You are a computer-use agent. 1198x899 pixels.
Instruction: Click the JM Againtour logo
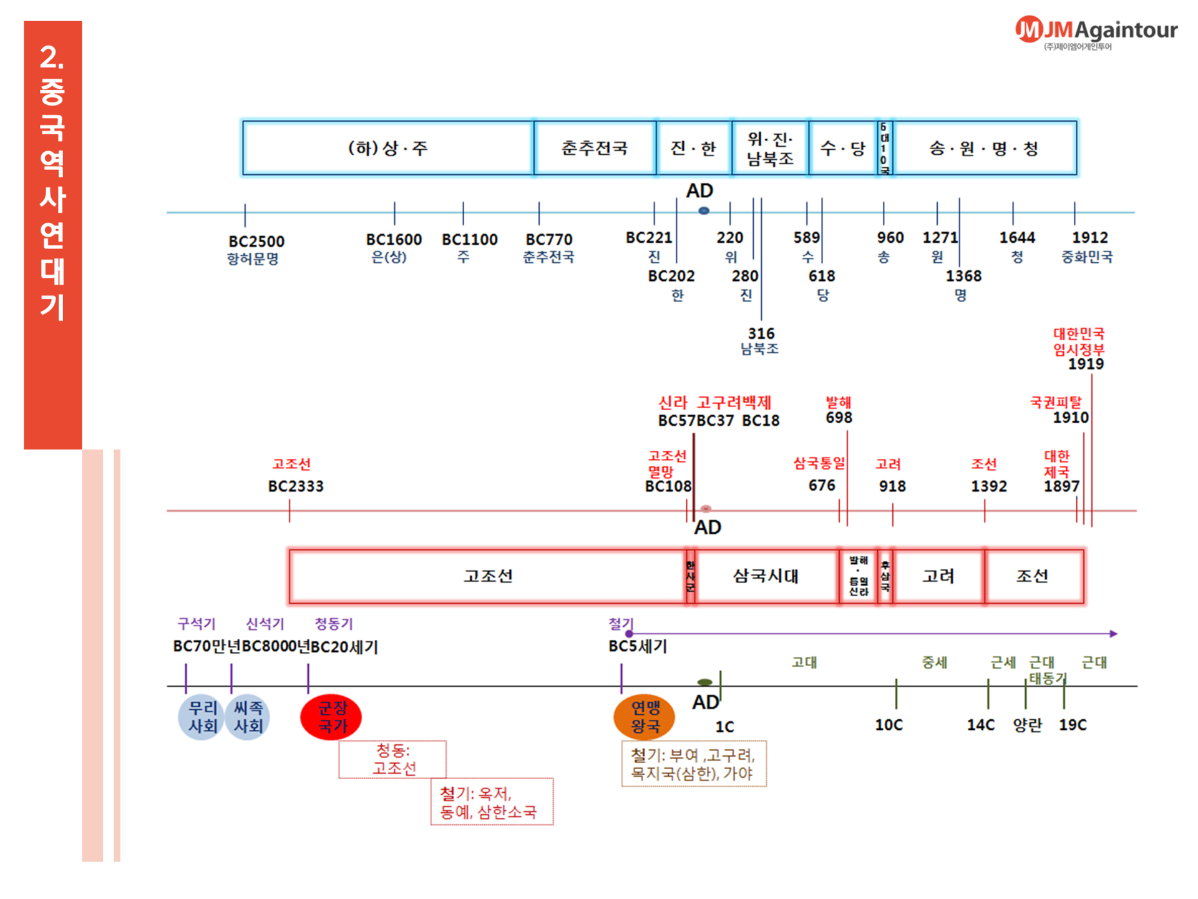[x=1096, y=31]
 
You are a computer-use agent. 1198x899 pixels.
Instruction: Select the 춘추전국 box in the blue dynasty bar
[x=595, y=148]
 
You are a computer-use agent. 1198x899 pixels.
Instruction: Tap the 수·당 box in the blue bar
[x=842, y=148]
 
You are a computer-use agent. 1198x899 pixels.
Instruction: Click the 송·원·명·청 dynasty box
[x=984, y=148]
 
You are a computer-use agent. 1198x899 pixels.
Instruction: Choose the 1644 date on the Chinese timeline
[x=1017, y=238]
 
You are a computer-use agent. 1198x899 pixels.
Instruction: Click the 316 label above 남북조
[x=761, y=333]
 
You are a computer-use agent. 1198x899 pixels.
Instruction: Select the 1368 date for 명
[x=963, y=276]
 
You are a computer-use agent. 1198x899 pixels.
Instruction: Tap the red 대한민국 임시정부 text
[x=1079, y=341]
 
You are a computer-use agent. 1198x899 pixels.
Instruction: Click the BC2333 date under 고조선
[x=296, y=486]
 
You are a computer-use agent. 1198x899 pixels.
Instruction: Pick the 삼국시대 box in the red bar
[x=766, y=576]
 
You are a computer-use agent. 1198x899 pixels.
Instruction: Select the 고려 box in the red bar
[x=938, y=576]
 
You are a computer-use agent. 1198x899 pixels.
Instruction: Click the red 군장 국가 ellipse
[x=331, y=717]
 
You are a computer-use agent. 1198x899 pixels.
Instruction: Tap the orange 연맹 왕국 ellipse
[x=645, y=717]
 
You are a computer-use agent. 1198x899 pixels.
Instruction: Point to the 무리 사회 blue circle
[x=202, y=717]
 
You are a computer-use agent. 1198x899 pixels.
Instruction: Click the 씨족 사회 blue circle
[x=248, y=717]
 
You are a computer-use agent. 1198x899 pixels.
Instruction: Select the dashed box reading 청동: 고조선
[x=393, y=759]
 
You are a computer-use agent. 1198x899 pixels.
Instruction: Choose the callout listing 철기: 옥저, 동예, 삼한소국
[x=492, y=802]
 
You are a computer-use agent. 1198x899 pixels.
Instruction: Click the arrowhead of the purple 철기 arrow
[x=1114, y=634]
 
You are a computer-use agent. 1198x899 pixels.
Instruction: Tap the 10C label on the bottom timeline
[x=889, y=725]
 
